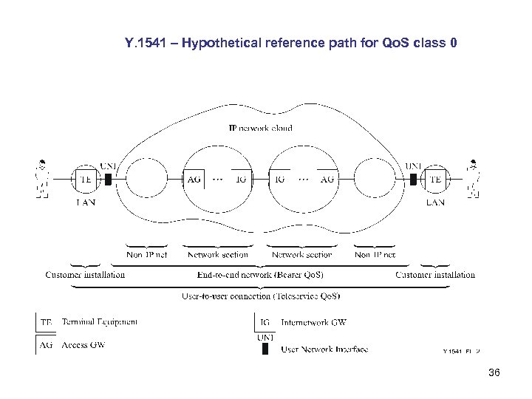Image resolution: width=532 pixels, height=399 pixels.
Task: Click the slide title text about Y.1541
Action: [291, 44]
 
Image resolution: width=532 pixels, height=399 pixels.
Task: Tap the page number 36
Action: [494, 373]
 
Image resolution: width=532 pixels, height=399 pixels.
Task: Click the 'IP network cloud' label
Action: [259, 128]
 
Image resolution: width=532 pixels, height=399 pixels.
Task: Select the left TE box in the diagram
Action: [86, 179]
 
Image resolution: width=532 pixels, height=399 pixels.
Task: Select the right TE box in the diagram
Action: [434, 179]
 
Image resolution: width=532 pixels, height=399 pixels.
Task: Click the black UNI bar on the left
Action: [108, 180]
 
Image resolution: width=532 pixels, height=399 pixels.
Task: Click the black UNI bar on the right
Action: [415, 180]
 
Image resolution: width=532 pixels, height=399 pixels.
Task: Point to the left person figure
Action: [43, 179]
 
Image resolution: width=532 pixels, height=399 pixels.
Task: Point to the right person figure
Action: [473, 179]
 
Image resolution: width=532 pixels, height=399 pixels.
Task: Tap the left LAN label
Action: [86, 202]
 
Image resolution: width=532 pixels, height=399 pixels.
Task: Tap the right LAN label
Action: [435, 202]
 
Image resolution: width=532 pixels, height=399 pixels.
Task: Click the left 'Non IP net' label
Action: [146, 255]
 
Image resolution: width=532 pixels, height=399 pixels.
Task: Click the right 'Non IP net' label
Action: [375, 255]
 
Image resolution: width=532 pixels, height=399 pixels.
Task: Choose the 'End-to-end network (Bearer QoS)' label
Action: [260, 275]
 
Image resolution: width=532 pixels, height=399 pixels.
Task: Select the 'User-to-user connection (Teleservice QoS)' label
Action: [261, 296]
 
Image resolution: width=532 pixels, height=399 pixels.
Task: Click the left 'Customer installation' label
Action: [85, 275]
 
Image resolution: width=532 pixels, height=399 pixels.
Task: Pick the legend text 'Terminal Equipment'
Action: [100, 322]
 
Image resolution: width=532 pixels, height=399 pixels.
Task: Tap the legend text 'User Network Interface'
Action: [324, 349]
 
